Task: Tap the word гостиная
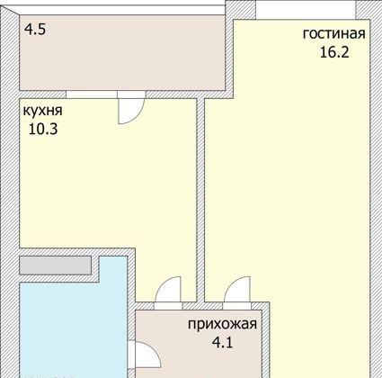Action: click(x=333, y=34)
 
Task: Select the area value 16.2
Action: click(x=333, y=51)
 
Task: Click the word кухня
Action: click(x=42, y=111)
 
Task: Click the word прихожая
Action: click(x=222, y=325)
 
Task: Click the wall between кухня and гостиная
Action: click(x=200, y=198)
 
